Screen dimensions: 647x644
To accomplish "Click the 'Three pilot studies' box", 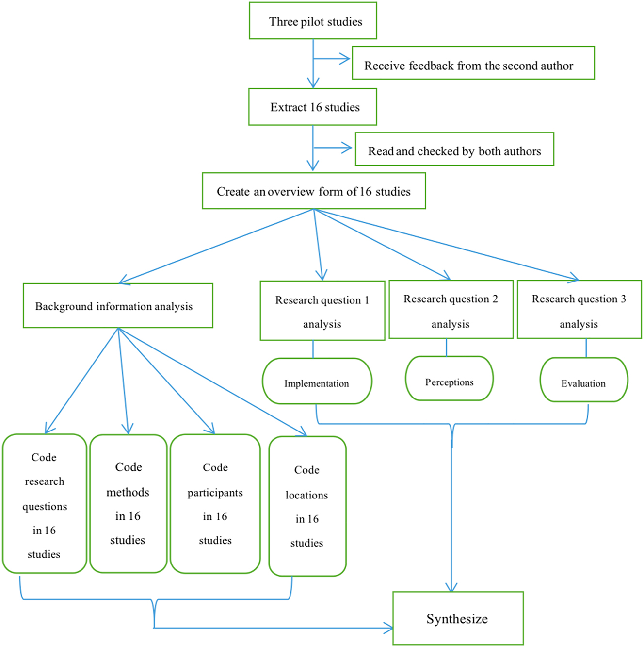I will pos(313,21).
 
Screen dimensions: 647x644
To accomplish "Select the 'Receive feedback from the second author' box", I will pos(473,63).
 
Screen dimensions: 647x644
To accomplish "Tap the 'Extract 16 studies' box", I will pos(313,107).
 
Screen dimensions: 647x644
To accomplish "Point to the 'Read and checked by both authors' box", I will pos(454,149).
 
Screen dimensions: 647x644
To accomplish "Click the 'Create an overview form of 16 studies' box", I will pos(314,191).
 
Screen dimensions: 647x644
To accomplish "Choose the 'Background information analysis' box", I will pos(118,306).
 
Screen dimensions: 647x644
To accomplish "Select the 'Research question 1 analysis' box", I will pos(322,311).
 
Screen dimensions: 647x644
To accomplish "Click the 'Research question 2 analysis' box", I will pos(451,310).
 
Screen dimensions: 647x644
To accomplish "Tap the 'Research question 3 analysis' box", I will pos(580,310).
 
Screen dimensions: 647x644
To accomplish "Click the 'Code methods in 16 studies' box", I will pos(129,504).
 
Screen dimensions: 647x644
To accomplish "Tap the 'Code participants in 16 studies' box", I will pos(215,504).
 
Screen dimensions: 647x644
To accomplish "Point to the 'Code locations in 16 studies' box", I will pos(307,506).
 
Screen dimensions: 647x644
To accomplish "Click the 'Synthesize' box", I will pos(458,618).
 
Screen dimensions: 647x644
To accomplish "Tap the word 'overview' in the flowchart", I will pos(291,192).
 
